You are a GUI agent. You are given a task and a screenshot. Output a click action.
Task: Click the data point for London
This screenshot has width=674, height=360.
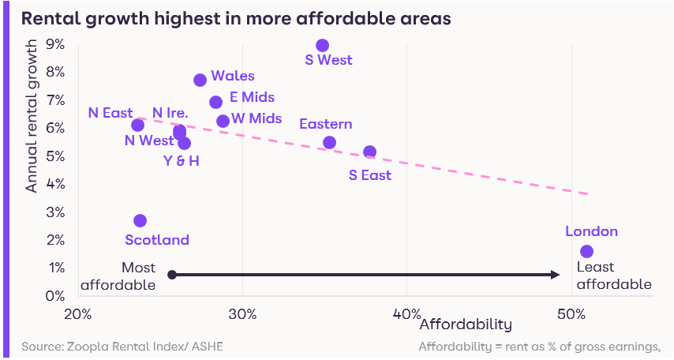[x=586, y=251]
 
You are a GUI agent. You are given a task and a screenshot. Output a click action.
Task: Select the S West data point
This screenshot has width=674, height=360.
[x=322, y=46]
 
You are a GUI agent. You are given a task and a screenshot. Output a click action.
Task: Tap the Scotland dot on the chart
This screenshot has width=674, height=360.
[x=140, y=221]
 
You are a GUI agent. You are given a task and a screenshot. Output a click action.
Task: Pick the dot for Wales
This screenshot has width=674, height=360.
[x=200, y=80]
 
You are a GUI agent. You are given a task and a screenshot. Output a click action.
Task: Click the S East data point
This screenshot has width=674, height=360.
[x=370, y=152]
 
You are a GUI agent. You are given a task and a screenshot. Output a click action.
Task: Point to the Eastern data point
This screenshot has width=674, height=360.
[x=330, y=143]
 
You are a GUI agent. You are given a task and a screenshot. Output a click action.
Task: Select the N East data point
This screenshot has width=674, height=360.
[x=138, y=125]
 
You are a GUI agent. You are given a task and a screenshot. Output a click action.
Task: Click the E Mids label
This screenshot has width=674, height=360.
[x=252, y=97]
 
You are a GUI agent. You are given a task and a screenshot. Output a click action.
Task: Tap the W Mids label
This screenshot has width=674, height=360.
[x=256, y=119]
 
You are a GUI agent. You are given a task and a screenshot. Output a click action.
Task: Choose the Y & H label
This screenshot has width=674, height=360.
[x=181, y=162]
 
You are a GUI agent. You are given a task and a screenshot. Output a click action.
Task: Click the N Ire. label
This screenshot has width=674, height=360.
[x=170, y=113]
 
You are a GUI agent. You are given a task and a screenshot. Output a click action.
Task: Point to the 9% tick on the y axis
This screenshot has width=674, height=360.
[x=55, y=44]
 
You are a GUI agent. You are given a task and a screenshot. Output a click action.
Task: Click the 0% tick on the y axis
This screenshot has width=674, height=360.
[x=55, y=295]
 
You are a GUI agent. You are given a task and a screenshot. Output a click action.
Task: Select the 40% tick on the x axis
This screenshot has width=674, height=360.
[x=406, y=313]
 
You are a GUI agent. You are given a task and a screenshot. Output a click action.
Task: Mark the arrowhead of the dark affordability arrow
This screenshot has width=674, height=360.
[x=555, y=275]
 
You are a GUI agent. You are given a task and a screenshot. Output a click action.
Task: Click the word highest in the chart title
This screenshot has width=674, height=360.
[x=153, y=17]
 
